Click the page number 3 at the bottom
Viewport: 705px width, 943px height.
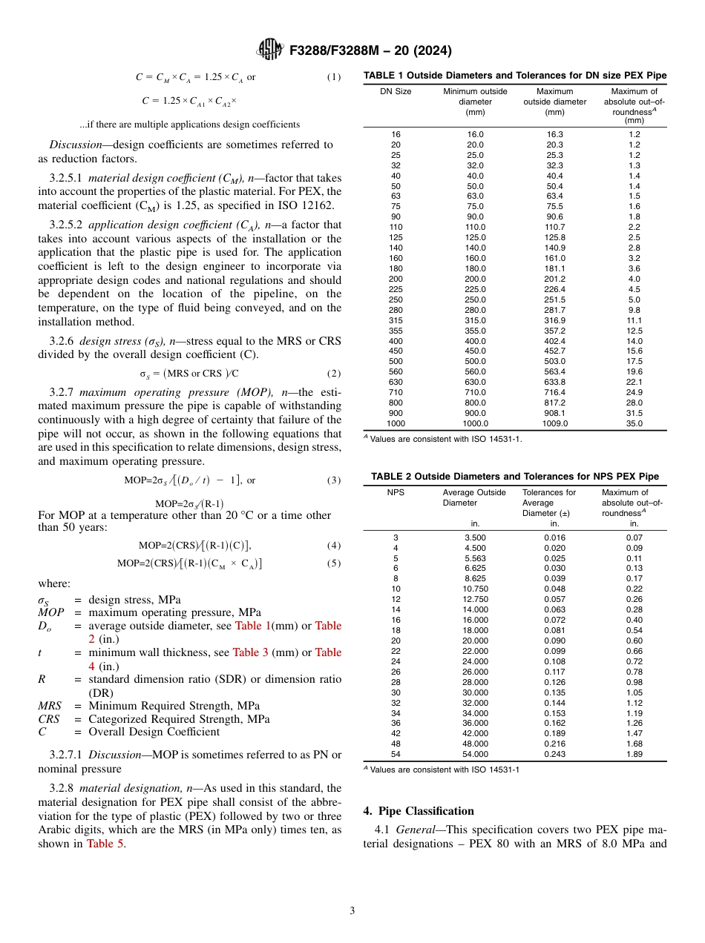click(x=352, y=910)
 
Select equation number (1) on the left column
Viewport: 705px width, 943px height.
click(x=333, y=77)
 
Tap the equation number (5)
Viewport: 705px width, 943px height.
click(x=333, y=563)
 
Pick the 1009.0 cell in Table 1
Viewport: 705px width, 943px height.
click(x=554, y=423)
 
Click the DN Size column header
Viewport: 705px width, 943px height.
click(x=396, y=92)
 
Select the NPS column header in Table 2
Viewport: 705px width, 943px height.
click(x=396, y=492)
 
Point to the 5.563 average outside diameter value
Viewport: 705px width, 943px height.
click(x=475, y=558)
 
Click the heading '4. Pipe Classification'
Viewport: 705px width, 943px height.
click(x=419, y=810)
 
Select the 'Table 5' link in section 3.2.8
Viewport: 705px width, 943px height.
click(x=105, y=844)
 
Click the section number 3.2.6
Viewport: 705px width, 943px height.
click(x=63, y=341)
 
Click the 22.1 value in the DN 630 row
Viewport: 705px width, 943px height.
click(x=634, y=382)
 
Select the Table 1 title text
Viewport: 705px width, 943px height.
click(x=514, y=76)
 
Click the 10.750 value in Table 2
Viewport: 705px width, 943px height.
click(x=475, y=589)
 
